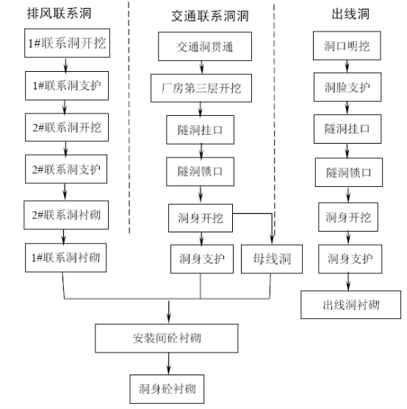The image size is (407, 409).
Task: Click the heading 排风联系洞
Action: coord(59,13)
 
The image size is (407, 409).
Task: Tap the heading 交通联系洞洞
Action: coord(210,16)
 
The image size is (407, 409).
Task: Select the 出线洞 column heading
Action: coord(350,14)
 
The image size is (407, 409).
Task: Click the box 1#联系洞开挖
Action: coord(67,43)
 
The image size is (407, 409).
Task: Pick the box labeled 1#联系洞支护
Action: coord(67,86)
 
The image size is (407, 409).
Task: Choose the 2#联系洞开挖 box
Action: coord(67,128)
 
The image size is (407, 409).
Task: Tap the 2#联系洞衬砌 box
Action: coord(66,215)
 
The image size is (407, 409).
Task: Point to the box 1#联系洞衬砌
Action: coord(66,258)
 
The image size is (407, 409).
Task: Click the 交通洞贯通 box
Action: coord(205,46)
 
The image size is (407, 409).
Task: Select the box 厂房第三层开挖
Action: coord(201,88)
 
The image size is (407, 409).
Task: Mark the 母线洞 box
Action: coord(272,259)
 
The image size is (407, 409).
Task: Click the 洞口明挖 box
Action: coord(347,45)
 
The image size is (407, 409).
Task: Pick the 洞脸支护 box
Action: coord(347,87)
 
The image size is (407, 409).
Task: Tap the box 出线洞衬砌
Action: coord(351,305)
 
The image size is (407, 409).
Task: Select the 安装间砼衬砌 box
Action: coord(167,339)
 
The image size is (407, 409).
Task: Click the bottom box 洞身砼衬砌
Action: coord(167,389)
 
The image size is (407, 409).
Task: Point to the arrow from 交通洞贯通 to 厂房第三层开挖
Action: coord(201,67)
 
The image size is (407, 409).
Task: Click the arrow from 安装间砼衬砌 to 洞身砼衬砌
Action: coord(168,364)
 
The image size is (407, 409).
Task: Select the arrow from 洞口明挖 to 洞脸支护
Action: coord(347,67)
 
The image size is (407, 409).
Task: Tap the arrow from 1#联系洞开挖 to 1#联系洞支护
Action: coord(65,65)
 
